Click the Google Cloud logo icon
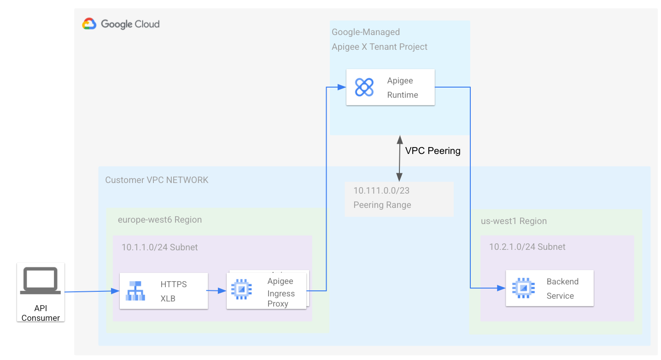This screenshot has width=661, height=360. pyautogui.click(x=89, y=24)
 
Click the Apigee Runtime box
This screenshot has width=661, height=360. pyautogui.click(x=390, y=87)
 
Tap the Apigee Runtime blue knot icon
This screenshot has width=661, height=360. pyautogui.click(x=364, y=87)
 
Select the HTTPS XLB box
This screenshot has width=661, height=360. pyautogui.click(x=164, y=291)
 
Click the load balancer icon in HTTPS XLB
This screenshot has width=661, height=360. pyautogui.click(x=136, y=291)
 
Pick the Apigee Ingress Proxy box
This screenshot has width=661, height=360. pyautogui.click(x=266, y=291)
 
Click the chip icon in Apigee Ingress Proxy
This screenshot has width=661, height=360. pyautogui.click(x=241, y=289)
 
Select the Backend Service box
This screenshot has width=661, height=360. pyautogui.click(x=549, y=288)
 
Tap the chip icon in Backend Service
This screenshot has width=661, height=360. pyautogui.click(x=523, y=288)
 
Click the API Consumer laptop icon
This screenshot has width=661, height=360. pyautogui.click(x=41, y=281)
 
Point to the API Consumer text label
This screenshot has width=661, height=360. pyautogui.click(x=41, y=313)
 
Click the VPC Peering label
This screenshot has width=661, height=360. pyautogui.click(x=433, y=151)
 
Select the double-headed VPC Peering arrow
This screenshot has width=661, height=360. pyautogui.click(x=399, y=158)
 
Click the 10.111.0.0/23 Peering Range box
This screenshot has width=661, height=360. pyautogui.click(x=399, y=199)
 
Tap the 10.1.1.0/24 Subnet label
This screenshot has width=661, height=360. pyautogui.click(x=159, y=248)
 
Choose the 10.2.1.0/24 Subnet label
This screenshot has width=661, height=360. pyautogui.click(x=527, y=247)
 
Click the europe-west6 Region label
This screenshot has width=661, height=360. pyautogui.click(x=159, y=220)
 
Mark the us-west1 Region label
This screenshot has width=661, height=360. pyautogui.click(x=514, y=221)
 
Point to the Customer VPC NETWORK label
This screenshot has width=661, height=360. pyautogui.click(x=157, y=180)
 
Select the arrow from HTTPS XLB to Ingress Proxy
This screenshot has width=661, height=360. pyautogui.click(x=216, y=291)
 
